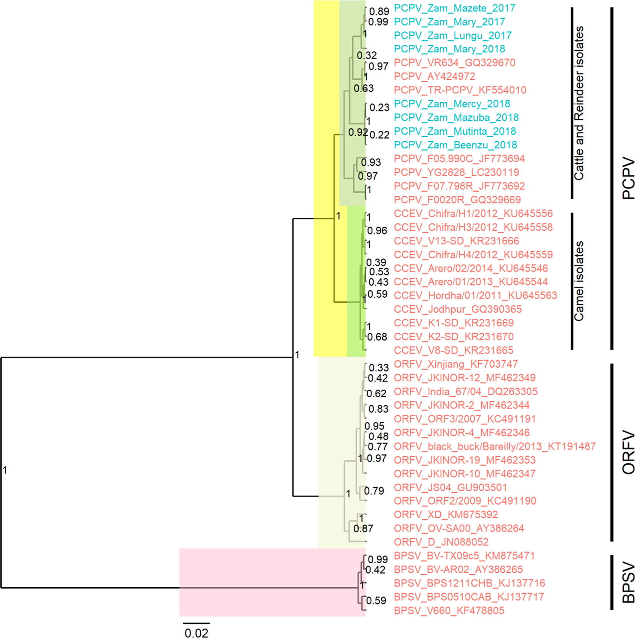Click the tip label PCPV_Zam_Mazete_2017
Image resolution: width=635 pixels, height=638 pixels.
click(x=455, y=8)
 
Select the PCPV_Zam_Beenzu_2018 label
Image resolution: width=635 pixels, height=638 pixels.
click(x=456, y=145)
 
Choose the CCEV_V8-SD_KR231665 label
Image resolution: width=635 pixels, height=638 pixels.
click(x=454, y=350)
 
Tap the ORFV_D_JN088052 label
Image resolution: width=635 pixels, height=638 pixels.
click(x=441, y=542)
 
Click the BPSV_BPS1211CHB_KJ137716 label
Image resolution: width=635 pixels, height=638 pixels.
click(x=469, y=583)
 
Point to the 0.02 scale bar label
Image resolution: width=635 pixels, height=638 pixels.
click(x=196, y=632)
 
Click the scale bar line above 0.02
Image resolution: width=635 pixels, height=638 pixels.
click(x=196, y=623)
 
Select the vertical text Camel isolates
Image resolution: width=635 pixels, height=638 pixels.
click(x=579, y=281)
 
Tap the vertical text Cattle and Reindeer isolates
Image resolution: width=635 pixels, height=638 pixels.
click(x=579, y=103)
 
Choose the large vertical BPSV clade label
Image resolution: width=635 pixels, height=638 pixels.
click(x=628, y=584)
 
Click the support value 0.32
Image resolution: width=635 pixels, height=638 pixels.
click(x=367, y=55)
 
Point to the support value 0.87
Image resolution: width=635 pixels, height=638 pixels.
click(x=363, y=529)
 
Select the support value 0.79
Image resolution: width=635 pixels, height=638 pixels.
click(x=374, y=491)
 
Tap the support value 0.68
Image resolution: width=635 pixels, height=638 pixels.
click(x=377, y=337)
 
